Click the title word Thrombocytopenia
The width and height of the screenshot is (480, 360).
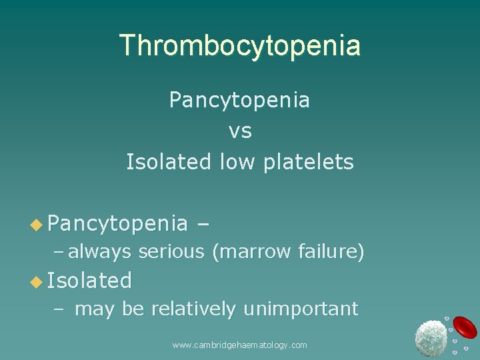tap(240, 45)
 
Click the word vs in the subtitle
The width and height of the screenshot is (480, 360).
tap(240, 131)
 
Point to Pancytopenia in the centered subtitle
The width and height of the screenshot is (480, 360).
tap(239, 100)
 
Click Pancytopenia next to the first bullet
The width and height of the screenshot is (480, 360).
tap(117, 223)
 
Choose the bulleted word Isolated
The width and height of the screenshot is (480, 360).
tap(89, 281)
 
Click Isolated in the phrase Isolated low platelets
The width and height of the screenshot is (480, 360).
tap(170, 162)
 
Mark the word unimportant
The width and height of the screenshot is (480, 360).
tap(301, 309)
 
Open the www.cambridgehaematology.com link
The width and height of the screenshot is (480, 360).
tap(239, 345)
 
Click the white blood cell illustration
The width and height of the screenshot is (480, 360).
tap(431, 337)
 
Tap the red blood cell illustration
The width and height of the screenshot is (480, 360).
tap(464, 326)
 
